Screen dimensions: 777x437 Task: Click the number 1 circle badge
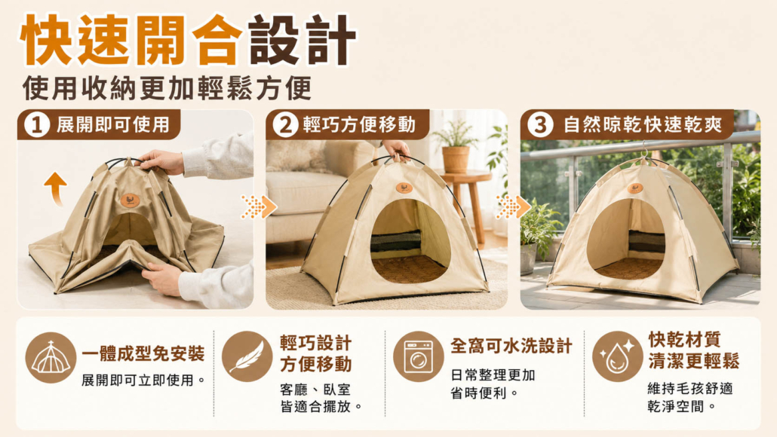[37, 124]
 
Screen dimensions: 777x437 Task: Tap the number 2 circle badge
[286, 124]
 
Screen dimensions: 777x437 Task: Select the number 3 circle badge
[540, 124]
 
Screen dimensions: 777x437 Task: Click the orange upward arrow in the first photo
[56, 188]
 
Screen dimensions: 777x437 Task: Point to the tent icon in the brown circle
[51, 357]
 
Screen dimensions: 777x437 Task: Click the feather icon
[247, 356]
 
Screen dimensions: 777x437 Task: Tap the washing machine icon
[419, 356]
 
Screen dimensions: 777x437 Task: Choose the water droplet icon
[617, 357]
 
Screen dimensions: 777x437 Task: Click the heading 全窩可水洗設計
[511, 346]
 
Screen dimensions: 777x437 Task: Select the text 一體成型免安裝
[143, 353]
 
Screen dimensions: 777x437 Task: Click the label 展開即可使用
[113, 125]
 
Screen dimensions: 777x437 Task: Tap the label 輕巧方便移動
[359, 125]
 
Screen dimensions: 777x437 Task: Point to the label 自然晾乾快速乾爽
[643, 125]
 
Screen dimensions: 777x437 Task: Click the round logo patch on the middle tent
[404, 188]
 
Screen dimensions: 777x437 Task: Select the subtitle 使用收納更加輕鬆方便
[167, 88]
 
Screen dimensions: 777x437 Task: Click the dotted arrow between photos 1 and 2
[259, 206]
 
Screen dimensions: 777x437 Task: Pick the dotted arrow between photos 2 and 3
[514, 206]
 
